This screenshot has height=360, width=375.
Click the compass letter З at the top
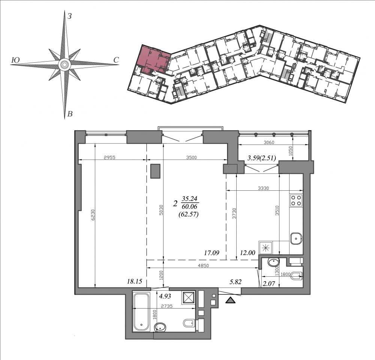coord(70,16)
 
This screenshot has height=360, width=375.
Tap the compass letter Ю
coord(15,60)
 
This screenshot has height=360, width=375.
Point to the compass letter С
coord(116,60)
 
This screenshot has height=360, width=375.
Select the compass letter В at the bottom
coord(70,114)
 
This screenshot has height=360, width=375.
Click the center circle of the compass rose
coord(64,65)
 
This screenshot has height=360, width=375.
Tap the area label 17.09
coord(211,253)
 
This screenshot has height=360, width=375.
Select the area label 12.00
coord(248,253)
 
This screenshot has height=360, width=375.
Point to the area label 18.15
coord(134,282)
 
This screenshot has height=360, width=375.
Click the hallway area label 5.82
coord(235,282)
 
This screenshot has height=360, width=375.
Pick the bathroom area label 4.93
coord(165,296)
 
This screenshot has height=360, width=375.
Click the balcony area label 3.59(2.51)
coord(262,158)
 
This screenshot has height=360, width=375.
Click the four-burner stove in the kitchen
coord(296,200)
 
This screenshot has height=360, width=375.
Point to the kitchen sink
coord(296,238)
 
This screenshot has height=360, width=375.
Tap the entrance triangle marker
coord(230,300)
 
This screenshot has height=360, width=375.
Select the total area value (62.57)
coord(189,214)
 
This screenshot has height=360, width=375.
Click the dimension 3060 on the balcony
coord(269,142)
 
